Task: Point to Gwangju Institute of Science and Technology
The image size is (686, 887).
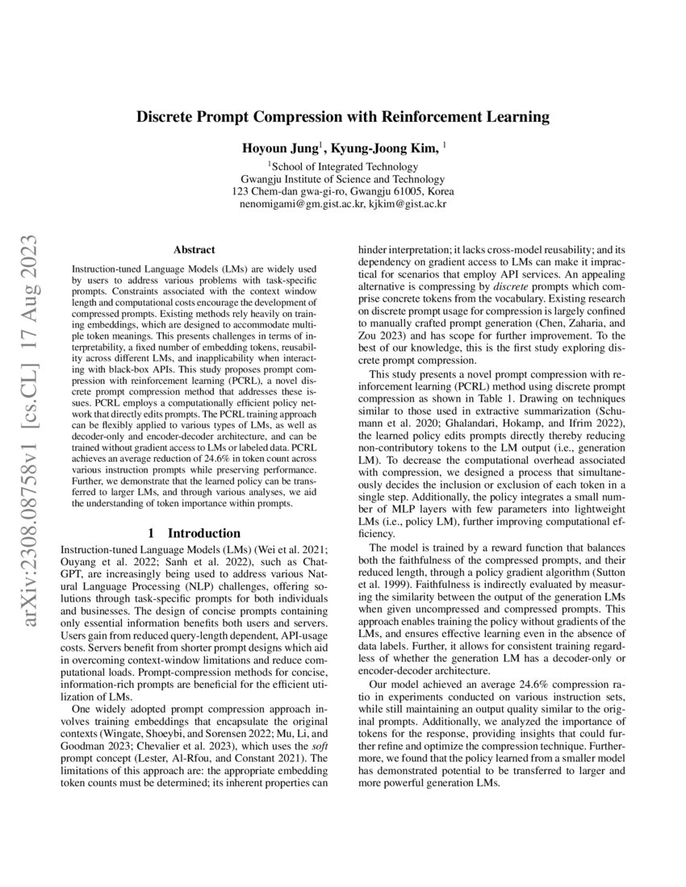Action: pyautogui.click(x=343, y=178)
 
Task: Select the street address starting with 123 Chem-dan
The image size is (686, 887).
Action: pyautogui.click(x=343, y=191)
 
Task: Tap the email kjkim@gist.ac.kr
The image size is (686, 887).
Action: pyautogui.click(x=408, y=204)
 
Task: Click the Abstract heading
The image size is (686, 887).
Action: pyautogui.click(x=195, y=251)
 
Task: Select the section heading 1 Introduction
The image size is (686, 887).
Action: pyautogui.click(x=195, y=533)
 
